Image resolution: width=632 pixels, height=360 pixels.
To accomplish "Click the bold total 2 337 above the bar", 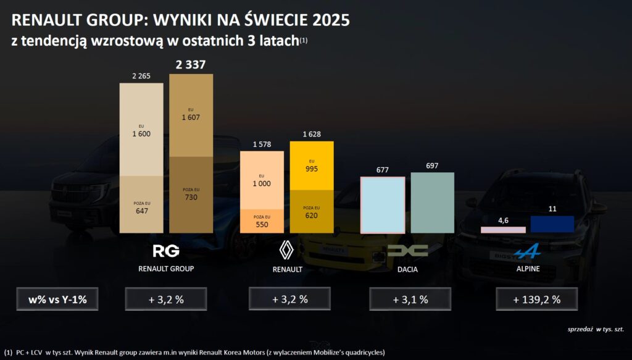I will (191, 65).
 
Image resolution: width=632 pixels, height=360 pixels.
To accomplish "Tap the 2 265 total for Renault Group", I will (142, 76).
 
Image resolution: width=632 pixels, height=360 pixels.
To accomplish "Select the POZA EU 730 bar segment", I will (191, 195).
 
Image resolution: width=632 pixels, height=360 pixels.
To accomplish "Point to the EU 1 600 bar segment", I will (141, 130).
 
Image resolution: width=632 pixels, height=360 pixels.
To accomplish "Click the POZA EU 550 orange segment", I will (262, 221).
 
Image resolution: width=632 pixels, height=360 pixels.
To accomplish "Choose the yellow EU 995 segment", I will (312, 165).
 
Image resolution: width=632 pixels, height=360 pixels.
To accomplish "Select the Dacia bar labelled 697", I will (432, 202).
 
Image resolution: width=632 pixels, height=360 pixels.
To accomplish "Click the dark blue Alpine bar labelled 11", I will (552, 224).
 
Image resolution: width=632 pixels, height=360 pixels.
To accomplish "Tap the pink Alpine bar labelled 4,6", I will (503, 230).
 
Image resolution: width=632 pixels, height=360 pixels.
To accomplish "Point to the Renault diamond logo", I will (288, 250).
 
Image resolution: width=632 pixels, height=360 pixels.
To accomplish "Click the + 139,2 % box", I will (536, 299).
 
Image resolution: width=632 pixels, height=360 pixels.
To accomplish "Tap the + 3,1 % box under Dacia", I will (409, 299).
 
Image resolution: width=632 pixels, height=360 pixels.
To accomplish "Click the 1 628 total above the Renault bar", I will (312, 134).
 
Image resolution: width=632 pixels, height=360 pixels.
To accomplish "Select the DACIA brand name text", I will (407, 270).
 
